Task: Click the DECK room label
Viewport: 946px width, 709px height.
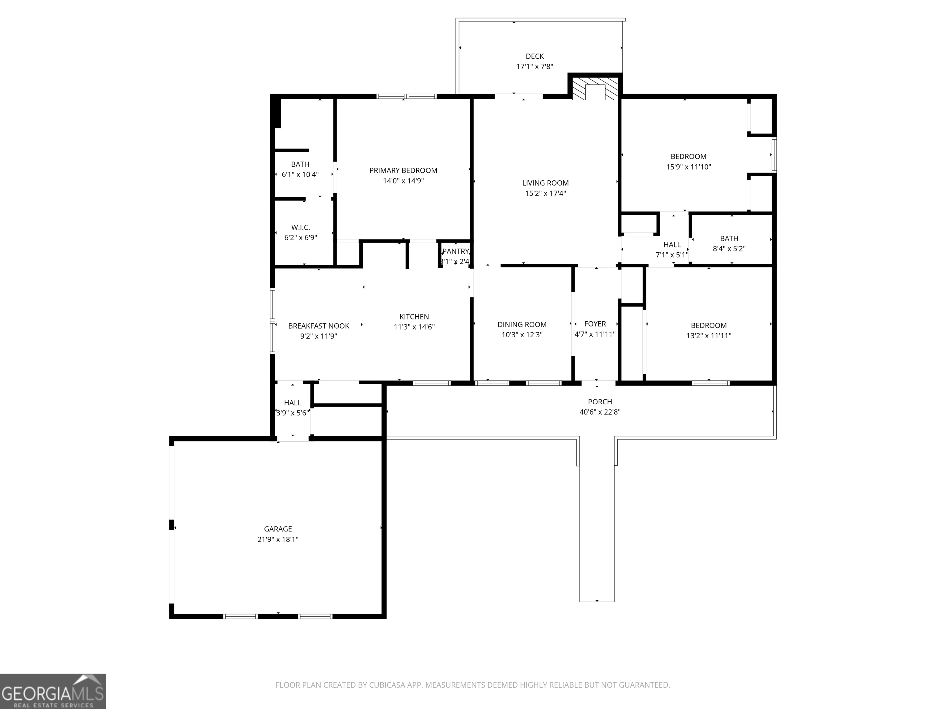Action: pos(535,56)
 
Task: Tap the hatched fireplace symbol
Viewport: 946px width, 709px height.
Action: pos(595,88)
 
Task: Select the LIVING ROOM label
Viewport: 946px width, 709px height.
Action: pos(545,183)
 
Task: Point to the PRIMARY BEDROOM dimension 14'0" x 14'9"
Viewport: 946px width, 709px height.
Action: pos(403,181)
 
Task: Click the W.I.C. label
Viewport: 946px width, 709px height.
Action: pos(301,227)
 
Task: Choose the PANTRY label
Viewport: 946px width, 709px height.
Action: pos(455,251)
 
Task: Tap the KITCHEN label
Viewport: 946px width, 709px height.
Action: pos(414,317)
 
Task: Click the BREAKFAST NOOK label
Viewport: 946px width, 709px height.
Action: pos(319,326)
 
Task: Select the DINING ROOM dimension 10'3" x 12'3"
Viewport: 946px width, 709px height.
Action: pos(522,334)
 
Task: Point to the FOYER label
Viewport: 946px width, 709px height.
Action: pos(595,324)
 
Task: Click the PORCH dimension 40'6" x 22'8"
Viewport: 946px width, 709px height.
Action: pos(600,412)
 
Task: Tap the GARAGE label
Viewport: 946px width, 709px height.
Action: pos(278,529)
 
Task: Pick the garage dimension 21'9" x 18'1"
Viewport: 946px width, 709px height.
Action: pos(278,539)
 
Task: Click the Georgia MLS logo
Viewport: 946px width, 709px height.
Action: pos(53,691)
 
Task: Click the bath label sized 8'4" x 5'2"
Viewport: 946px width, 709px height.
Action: pos(729,238)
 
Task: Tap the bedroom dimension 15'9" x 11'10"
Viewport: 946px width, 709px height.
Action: pos(689,167)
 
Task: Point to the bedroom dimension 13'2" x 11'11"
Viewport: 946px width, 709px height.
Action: pos(709,335)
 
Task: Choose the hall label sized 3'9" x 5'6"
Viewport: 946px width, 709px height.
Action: pos(293,403)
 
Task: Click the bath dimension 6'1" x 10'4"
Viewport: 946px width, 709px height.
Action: pos(300,174)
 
